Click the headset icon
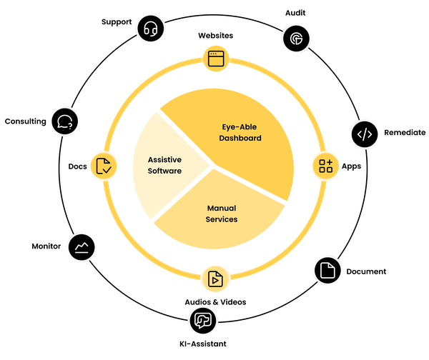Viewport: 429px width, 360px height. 151,29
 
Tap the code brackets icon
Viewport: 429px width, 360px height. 365,134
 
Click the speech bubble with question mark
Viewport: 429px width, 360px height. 64,121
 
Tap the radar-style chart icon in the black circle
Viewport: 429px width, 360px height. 293,39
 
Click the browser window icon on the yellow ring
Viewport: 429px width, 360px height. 213,58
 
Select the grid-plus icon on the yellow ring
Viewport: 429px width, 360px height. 326,166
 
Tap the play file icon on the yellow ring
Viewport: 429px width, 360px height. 213,279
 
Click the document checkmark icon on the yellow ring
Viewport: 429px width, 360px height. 103,166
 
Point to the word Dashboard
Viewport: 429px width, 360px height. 240,138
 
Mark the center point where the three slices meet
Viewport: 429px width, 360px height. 213,166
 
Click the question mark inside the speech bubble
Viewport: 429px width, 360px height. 69,123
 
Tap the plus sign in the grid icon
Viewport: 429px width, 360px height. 330,162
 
